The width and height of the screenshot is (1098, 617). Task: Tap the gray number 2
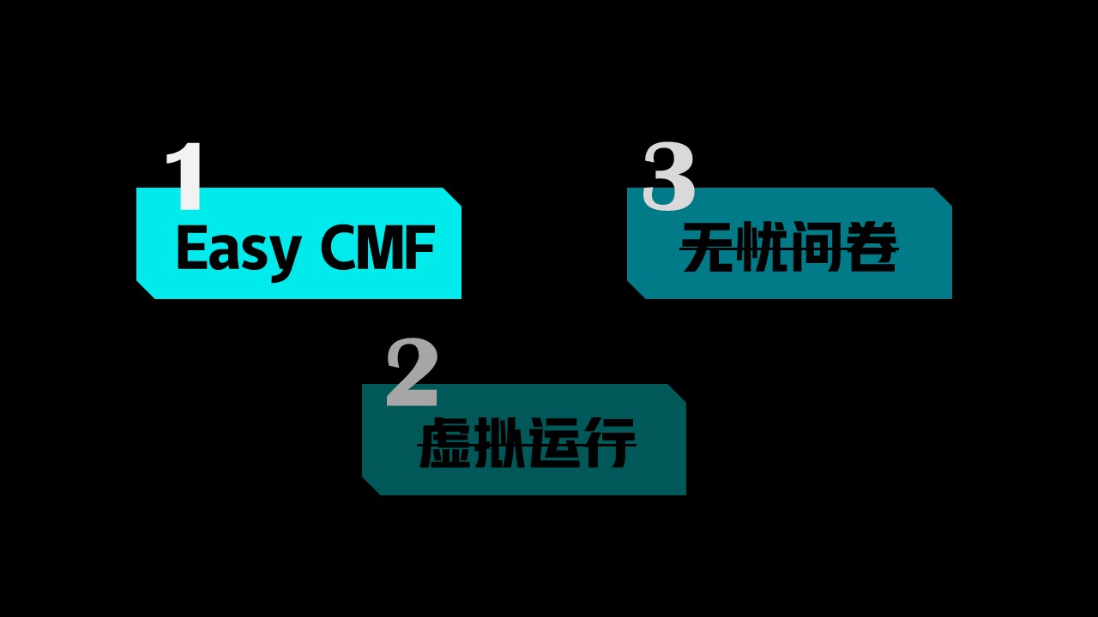[412, 373]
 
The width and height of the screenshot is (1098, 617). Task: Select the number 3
[668, 177]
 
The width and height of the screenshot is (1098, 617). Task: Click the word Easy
[238, 249]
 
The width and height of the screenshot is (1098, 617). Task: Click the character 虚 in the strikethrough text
[443, 444]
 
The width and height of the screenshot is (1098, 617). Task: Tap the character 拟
[498, 444]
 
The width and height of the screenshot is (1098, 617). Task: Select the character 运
[552, 444]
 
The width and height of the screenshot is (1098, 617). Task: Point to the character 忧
[763, 248]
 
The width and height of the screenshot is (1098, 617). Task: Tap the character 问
[817, 248]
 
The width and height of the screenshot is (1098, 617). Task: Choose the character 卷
[872, 248]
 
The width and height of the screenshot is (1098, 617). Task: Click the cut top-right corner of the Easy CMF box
[453, 196]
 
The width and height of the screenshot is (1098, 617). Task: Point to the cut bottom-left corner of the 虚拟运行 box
[371, 486]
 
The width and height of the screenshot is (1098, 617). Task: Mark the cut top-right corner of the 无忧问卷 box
[944, 196]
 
